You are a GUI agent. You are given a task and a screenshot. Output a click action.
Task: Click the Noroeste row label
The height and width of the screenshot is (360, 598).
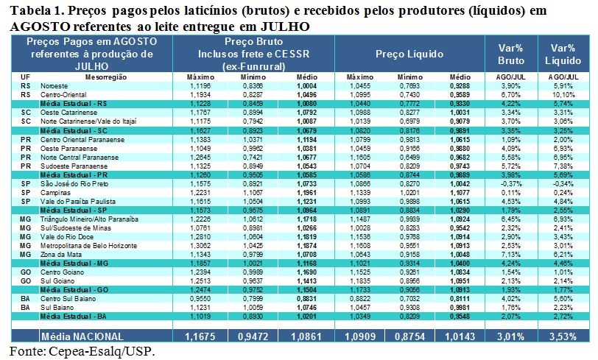click(x=52, y=87)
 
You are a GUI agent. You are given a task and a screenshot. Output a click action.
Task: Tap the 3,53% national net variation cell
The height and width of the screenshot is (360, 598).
click(x=562, y=336)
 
